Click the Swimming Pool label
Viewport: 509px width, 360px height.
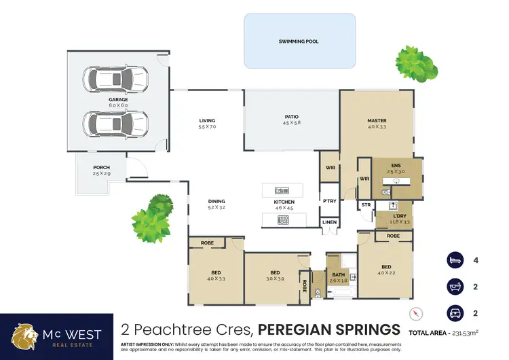(x=299, y=41)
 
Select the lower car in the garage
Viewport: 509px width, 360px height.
(x=115, y=123)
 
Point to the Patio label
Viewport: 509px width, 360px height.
(x=293, y=117)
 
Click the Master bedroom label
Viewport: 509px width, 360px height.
(x=377, y=120)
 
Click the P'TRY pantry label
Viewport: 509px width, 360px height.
(x=329, y=201)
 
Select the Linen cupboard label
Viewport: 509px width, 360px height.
(x=329, y=222)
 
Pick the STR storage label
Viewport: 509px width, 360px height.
(x=366, y=204)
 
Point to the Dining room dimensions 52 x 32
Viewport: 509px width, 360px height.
(x=216, y=207)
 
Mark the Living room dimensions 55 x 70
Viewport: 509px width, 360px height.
(x=206, y=127)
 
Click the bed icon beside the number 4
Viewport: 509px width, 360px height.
(x=453, y=260)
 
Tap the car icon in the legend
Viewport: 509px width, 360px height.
(x=453, y=313)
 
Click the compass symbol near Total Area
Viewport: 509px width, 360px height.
(x=417, y=314)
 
